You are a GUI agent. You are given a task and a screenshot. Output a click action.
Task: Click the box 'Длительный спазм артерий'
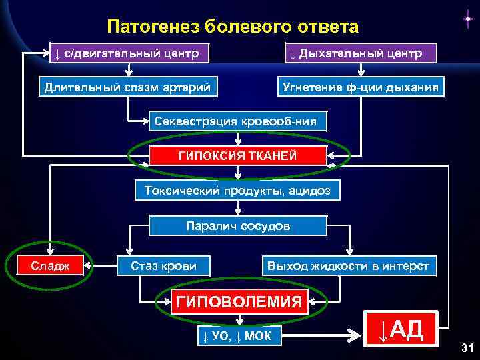click(x=127, y=87)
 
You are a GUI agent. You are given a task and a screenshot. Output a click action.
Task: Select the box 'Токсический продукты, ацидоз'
click(x=237, y=191)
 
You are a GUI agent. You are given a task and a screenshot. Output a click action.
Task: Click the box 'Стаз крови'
click(x=163, y=267)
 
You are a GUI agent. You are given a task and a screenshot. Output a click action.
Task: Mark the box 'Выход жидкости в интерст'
click(x=349, y=267)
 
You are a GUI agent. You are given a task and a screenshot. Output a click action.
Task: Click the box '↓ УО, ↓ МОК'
click(x=237, y=335)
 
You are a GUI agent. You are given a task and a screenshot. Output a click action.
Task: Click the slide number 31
click(x=466, y=347)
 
